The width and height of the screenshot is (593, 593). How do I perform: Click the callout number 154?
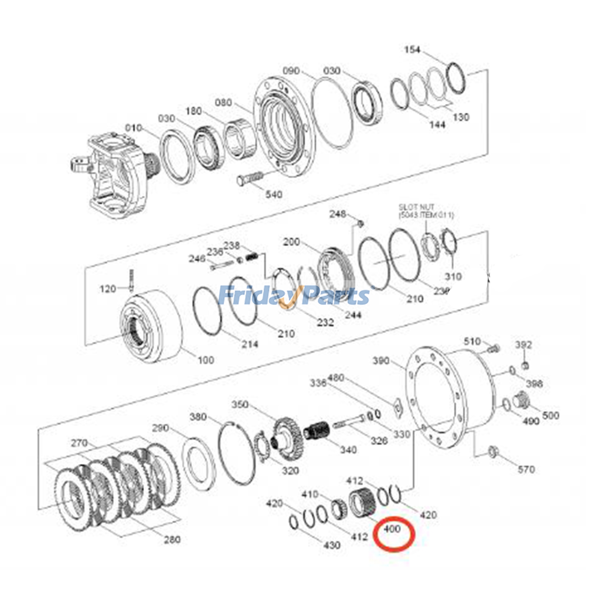point(412,49)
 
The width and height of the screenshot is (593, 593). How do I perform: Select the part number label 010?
point(133,128)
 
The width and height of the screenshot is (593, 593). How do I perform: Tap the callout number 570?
point(526,470)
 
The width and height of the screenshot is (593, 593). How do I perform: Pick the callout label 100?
point(206,360)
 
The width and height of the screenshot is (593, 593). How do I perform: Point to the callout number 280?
point(172,540)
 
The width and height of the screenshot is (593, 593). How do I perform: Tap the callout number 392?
point(523,345)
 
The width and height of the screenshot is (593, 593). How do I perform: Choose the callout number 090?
point(291,70)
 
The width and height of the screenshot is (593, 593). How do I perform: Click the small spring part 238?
point(252,255)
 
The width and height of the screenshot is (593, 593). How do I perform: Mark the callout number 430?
point(332,545)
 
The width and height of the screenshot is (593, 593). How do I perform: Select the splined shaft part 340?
point(316,432)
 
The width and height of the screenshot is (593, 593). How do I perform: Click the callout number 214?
point(250,344)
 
